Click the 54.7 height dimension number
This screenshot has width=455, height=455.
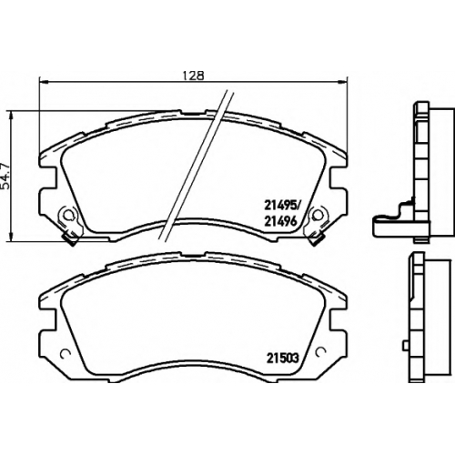[x=5, y=175]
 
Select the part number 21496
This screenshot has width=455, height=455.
[x=280, y=222]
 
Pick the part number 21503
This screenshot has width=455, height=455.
[x=282, y=359]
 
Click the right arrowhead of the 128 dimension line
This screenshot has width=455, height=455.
[x=342, y=81]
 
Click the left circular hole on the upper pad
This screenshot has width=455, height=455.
[x=69, y=215]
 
